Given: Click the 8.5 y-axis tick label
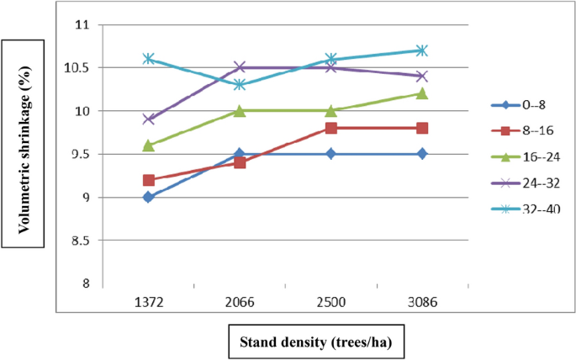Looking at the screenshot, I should pos(80,241).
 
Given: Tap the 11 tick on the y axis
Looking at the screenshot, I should pos(82,24).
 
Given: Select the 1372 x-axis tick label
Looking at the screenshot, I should pos(149,301).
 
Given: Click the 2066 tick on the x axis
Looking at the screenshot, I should pos(240,301).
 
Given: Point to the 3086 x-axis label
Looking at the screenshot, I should pos(422,301).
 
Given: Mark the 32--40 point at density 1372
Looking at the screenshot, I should pos(149,59).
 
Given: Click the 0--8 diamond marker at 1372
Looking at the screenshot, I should pos(149,197).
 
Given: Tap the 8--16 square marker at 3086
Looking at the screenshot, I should pos(422,128).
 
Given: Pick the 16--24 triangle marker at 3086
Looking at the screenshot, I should pos(422,93).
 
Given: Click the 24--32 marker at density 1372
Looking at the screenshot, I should pos(149,119).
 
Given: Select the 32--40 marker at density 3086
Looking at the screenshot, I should pos(422,50).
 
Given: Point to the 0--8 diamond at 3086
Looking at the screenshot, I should pos(422,154).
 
